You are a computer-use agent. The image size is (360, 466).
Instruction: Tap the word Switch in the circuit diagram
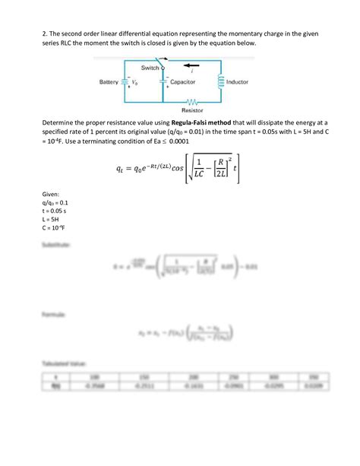coord(150,68)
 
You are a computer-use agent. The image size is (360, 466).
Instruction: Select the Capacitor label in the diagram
coord(184,81)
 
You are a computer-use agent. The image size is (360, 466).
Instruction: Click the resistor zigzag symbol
coord(193,100)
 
